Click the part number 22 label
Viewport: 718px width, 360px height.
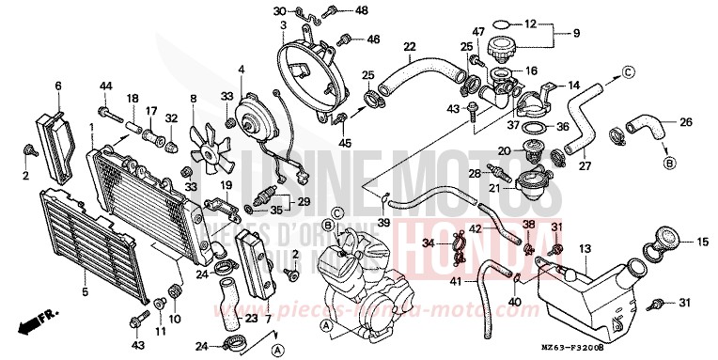[409, 47]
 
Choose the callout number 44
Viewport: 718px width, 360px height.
[105, 86]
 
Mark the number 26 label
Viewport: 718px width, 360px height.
[687, 121]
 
